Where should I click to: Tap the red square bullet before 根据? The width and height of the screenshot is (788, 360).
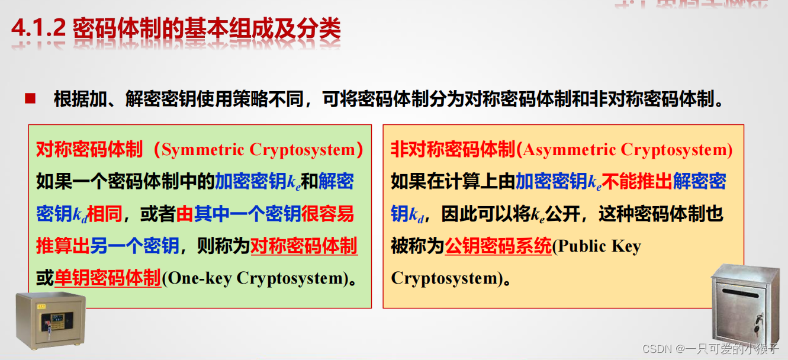click(30, 98)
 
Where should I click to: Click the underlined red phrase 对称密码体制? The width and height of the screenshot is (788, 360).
click(304, 246)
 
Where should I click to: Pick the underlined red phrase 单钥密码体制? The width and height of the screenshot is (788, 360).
click(108, 278)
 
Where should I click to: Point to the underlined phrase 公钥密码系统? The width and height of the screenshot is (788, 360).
click(498, 246)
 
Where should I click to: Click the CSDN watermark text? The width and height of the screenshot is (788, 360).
click(710, 349)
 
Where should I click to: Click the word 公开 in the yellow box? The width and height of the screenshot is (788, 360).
click(563, 214)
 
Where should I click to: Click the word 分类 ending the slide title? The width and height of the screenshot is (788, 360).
click(323, 30)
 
